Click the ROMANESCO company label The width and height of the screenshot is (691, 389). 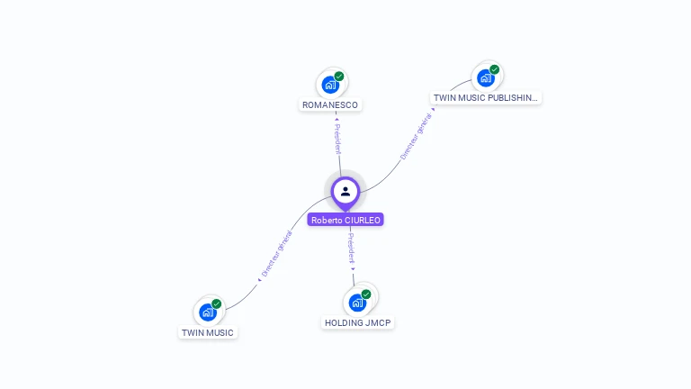coord(330,105)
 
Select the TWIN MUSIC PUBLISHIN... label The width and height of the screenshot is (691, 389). coord(486,98)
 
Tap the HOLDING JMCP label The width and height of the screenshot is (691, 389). coord(358,322)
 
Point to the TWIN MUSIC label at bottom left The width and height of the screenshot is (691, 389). coord(208,333)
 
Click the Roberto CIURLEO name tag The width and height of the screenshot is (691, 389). coord(345,220)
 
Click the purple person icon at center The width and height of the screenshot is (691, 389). coord(345,191)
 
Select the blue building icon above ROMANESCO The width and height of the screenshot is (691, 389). coord(330,85)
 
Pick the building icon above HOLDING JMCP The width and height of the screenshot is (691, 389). coord(357,302)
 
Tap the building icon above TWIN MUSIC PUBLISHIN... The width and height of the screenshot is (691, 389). coord(486,77)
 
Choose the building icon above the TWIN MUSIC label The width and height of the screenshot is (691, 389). coord(207,312)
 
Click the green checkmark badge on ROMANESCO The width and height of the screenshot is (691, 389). coord(339,77)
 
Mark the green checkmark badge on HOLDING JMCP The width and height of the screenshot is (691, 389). coord(366,294)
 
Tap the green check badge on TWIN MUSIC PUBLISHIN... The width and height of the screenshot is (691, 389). coord(495,69)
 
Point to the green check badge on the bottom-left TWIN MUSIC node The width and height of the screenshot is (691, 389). coord(216,304)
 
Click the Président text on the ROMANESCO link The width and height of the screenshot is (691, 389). coord(337,140)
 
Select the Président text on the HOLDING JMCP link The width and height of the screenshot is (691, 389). coord(351,248)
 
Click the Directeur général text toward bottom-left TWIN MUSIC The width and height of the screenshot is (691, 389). coord(276,253)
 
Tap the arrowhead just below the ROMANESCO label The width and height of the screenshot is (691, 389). coord(336,116)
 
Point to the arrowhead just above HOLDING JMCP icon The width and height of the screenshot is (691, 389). coord(354,268)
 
